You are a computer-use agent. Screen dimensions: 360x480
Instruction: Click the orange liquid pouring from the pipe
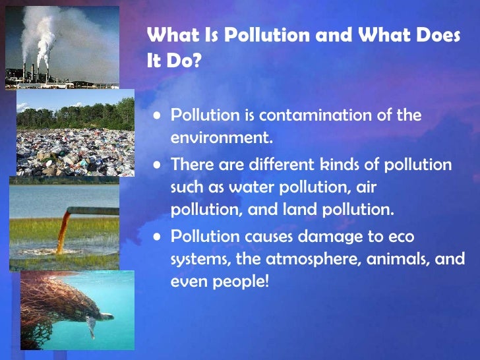(x=62, y=231)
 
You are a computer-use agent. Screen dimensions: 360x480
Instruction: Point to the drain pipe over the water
(x=92, y=211)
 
